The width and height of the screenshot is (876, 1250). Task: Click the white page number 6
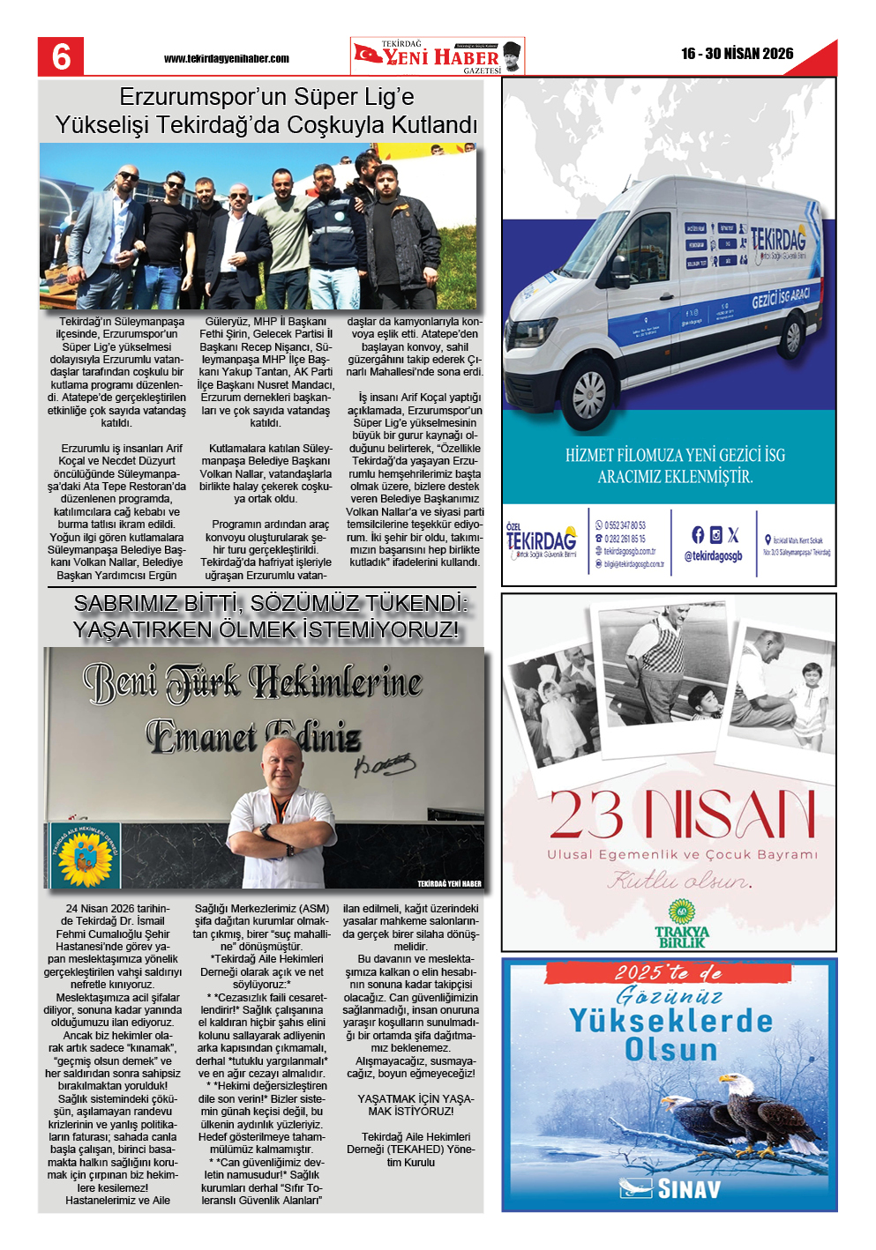point(61,56)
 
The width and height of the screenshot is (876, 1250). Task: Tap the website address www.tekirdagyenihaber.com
point(226,59)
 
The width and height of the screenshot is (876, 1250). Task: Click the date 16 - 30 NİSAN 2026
point(737,54)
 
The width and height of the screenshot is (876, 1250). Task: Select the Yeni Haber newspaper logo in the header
point(437,56)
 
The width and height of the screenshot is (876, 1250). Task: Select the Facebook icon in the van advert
point(698,534)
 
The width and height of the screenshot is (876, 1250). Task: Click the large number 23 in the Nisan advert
point(586,815)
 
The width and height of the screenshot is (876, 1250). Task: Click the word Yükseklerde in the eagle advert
point(670,1021)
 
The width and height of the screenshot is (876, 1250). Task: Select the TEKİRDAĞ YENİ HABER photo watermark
point(449,883)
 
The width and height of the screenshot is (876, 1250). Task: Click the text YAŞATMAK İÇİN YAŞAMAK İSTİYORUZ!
point(416,1105)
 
